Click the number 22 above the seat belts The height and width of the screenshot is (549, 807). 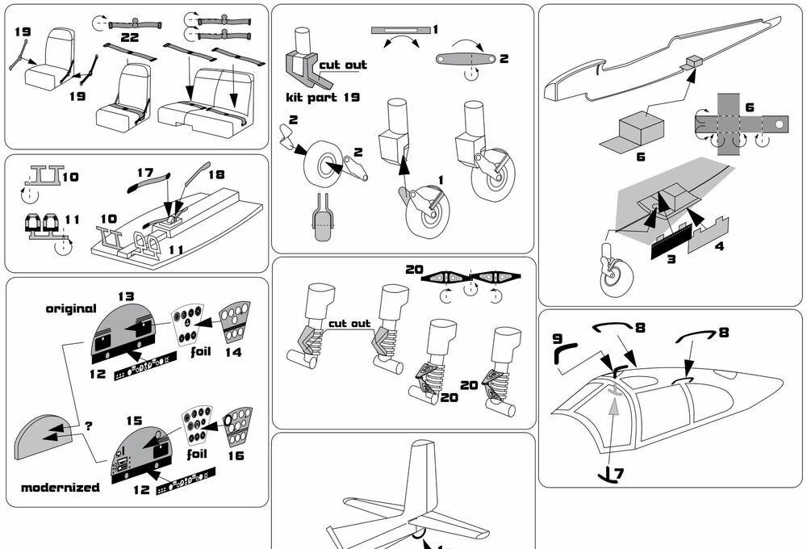click(x=129, y=37)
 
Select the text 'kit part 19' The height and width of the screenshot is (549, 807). click(x=323, y=98)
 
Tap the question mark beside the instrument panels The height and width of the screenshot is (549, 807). click(x=89, y=425)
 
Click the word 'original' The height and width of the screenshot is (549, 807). click(x=71, y=308)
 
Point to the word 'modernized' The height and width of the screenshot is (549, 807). click(x=61, y=488)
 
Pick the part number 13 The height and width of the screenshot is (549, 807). click(x=125, y=297)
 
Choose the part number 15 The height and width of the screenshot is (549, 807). click(x=133, y=421)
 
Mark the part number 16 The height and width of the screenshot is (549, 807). click(x=235, y=455)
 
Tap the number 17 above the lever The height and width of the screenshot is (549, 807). click(x=144, y=172)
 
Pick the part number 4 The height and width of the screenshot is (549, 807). click(x=718, y=245)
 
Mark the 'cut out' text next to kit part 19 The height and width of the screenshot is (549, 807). click(x=342, y=65)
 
